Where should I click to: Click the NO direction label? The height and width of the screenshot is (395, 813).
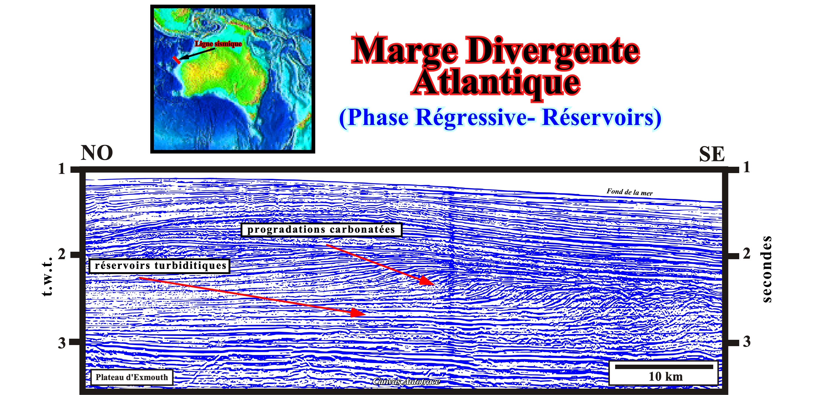tap(97, 153)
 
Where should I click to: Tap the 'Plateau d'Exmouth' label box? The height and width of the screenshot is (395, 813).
tap(132, 377)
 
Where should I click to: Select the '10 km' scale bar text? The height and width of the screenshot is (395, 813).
tap(666, 377)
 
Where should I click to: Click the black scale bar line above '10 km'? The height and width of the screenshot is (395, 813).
tap(664, 367)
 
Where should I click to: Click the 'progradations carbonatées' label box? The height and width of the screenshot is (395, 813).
tap(321, 229)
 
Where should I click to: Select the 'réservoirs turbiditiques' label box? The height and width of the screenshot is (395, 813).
tap(159, 266)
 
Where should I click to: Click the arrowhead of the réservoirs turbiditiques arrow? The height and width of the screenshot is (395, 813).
tap(358, 313)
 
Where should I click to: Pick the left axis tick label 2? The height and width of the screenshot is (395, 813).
tap(62, 254)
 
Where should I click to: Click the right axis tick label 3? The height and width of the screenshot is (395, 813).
tap(747, 341)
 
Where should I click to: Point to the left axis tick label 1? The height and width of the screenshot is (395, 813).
tap(62, 169)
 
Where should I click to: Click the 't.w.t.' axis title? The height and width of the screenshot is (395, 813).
tap(47, 277)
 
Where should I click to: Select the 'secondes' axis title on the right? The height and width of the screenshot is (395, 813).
tap(767, 269)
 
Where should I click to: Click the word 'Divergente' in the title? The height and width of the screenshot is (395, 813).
tap(553, 51)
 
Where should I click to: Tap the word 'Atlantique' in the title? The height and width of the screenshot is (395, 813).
tap(496, 83)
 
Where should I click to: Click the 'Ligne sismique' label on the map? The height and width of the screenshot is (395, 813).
tap(218, 44)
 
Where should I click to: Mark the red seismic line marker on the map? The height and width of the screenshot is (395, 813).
tap(177, 60)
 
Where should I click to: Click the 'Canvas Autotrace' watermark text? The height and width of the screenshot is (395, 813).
tap(406, 382)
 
